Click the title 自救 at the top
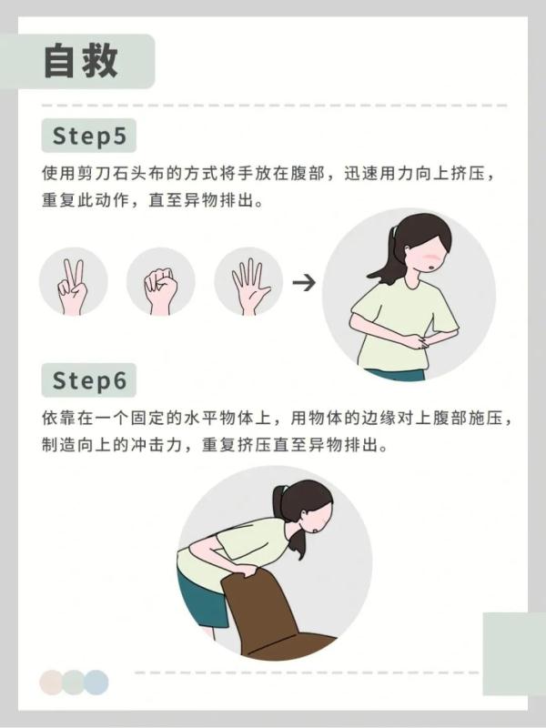pyautogui.click(x=81, y=61)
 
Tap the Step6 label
pyautogui.click(x=88, y=379)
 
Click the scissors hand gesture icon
pyautogui.click(x=72, y=283)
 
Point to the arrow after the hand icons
pyautogui.click(x=304, y=282)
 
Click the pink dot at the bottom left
pyautogui.click(x=53, y=682)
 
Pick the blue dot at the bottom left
pyautogui.click(x=96, y=682)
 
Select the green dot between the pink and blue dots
pyautogui.click(x=74, y=682)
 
